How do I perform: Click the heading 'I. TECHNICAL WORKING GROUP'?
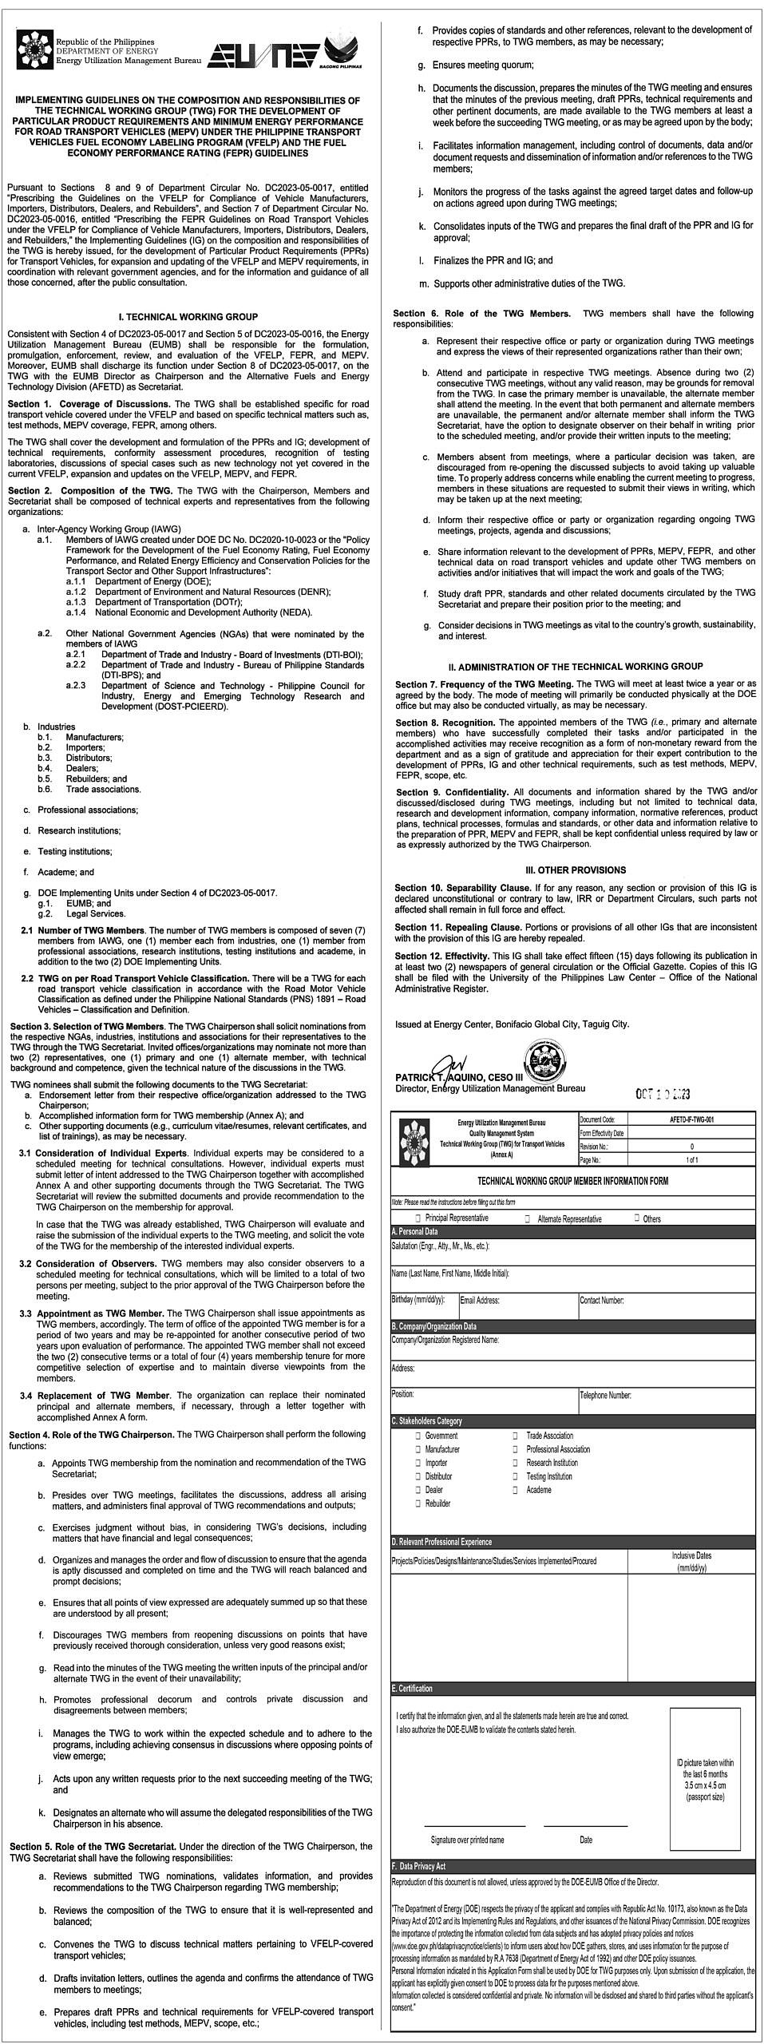[188, 317]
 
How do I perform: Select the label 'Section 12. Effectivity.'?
[441, 956]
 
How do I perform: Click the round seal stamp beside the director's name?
[544, 1067]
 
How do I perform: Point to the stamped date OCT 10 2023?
[663, 1094]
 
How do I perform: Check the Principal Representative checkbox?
[418, 1218]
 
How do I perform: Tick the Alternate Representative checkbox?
[527, 1219]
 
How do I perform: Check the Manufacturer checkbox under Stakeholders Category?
[418, 1449]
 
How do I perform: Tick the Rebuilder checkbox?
[418, 1503]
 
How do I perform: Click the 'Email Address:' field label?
[480, 1300]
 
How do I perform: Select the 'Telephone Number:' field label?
[605, 1396]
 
